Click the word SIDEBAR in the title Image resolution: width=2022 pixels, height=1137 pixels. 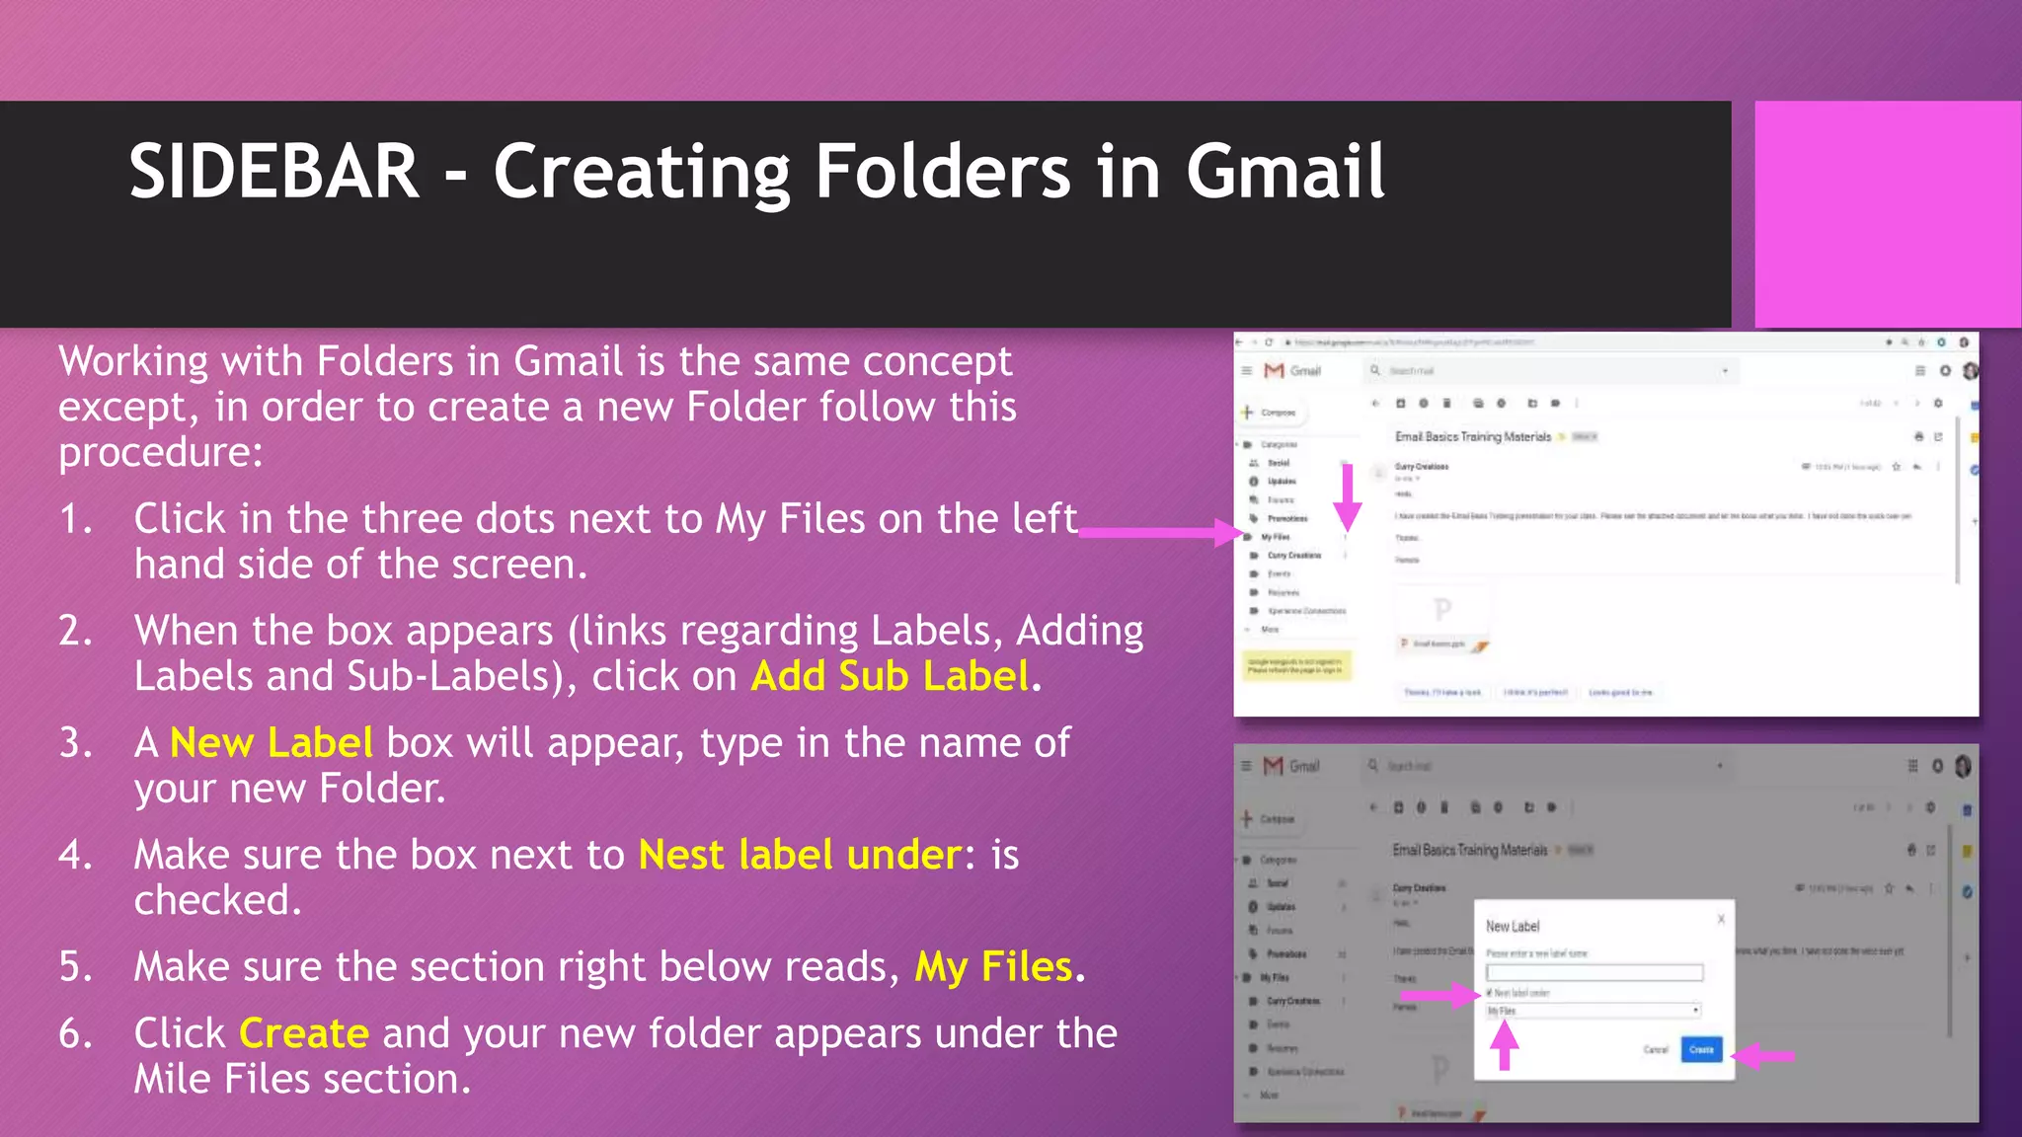[273, 172]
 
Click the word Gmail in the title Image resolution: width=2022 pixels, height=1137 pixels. [1284, 172]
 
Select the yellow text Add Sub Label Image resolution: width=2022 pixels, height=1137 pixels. [890, 677]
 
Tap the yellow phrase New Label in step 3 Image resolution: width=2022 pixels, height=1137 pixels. [272, 743]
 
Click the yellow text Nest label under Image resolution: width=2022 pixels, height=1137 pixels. [800, 855]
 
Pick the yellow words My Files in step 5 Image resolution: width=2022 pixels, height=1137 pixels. [993, 967]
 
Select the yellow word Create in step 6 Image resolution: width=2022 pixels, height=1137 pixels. [304, 1033]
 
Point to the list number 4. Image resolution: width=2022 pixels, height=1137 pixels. [76, 855]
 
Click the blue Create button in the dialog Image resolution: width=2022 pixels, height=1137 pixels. [1701, 1049]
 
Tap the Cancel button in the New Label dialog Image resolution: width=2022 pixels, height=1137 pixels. [1656, 1049]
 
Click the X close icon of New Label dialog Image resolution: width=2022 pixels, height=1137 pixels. [1721, 919]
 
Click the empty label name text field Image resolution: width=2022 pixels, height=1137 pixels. [1594, 973]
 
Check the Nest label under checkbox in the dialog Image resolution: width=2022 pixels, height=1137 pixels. [1490, 993]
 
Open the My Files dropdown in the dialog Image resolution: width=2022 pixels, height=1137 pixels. [1594, 1011]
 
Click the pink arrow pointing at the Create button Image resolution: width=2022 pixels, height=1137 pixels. [1764, 1056]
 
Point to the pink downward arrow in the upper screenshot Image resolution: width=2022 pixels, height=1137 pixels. [1347, 498]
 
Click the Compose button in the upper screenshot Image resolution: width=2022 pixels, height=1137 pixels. [1272, 413]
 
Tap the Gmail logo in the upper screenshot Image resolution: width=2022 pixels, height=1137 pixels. [1275, 370]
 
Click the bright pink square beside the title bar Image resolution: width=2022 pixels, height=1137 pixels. [1887, 214]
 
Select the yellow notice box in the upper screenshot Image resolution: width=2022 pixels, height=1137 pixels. [1295, 665]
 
